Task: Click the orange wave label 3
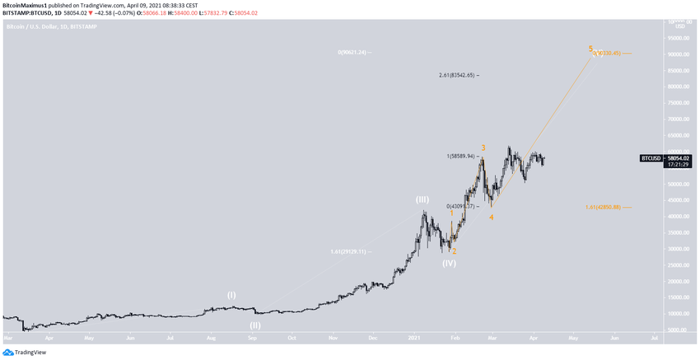(483, 148)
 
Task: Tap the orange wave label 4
(491, 217)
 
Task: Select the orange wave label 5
(590, 49)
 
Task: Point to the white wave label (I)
(231, 294)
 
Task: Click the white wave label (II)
(255, 325)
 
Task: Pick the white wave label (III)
(422, 199)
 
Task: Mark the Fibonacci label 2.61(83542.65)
(458, 75)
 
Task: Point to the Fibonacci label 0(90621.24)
(354, 52)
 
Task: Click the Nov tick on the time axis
(333, 338)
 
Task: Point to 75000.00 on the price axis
(677, 103)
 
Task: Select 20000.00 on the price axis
(677, 282)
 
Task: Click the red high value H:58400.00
(194, 12)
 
